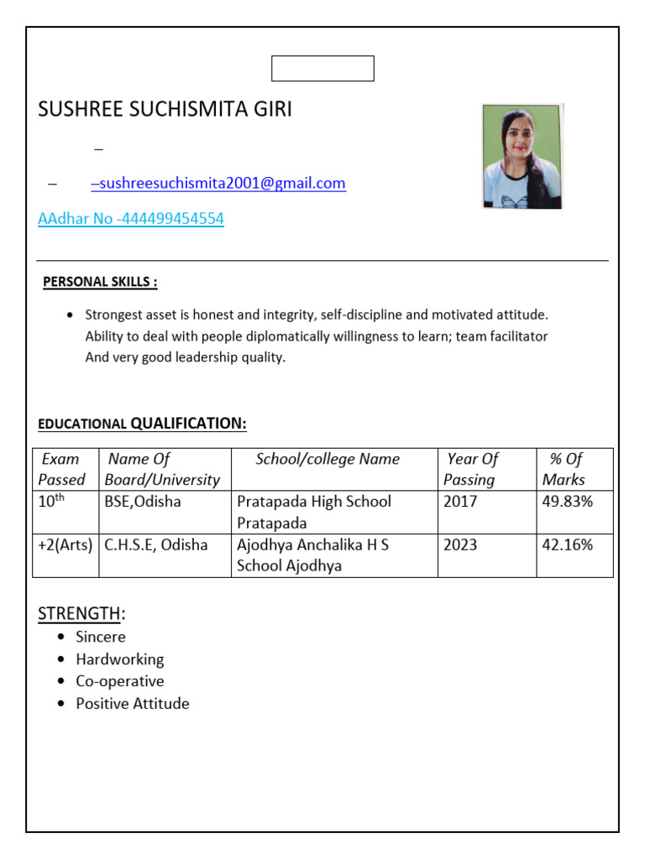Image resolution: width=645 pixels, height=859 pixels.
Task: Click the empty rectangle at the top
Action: [322, 69]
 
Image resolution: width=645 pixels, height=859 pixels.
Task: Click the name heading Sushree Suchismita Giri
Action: [165, 110]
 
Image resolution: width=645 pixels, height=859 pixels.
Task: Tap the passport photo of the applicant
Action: [522, 156]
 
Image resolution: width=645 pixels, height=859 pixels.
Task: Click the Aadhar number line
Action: [131, 219]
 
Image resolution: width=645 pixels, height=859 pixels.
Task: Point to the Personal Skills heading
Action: [100, 282]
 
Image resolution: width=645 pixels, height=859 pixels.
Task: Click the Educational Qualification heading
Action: [142, 424]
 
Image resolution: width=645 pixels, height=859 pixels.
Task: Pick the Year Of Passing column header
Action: [471, 469]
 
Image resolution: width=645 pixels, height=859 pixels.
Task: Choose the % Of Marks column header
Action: [564, 469]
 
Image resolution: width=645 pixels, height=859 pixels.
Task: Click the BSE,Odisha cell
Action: [142, 502]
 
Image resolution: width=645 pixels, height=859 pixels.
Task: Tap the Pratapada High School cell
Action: [314, 512]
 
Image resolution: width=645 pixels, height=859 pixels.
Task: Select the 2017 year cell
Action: [460, 502]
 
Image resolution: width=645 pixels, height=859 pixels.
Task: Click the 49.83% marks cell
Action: [568, 502]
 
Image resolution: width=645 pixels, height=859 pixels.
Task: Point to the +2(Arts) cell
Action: [66, 545]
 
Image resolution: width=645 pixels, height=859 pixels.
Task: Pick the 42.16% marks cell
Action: [568, 545]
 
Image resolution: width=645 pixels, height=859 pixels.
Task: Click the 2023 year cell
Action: [460, 545]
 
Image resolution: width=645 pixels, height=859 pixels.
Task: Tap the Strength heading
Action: [81, 614]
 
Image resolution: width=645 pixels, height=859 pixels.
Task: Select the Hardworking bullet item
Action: [119, 659]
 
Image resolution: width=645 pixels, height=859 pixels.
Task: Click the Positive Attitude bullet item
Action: [132, 704]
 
